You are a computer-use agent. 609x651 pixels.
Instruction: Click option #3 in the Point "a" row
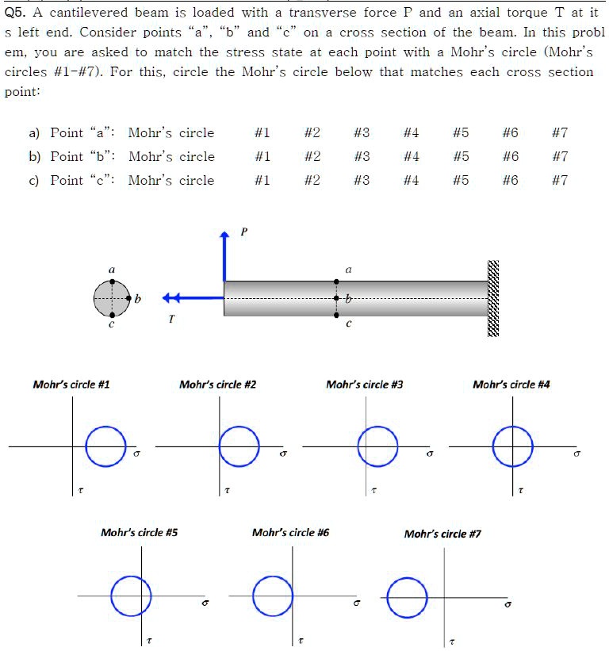tap(362, 132)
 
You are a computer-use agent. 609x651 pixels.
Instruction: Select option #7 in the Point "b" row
tap(560, 156)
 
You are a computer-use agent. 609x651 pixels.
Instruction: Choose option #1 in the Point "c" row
tap(262, 180)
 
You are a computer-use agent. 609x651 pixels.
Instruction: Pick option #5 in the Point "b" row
tap(461, 156)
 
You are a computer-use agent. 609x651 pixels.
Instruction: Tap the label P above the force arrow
tap(243, 232)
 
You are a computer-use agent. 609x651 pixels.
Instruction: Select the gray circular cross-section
tap(111, 298)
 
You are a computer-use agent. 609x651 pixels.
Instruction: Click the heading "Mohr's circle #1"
tap(71, 385)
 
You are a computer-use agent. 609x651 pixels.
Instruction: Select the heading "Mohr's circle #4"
tap(511, 385)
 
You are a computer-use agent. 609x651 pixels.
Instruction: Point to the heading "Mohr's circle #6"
tap(290, 533)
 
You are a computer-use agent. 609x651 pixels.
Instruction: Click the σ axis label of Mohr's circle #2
tap(284, 456)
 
